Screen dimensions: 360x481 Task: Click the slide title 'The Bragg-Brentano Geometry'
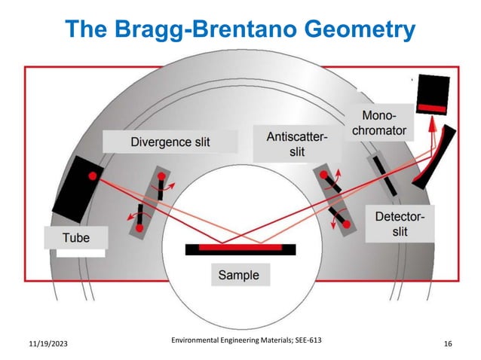240,29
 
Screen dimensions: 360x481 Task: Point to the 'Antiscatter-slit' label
297,145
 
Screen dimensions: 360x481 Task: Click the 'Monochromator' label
384,123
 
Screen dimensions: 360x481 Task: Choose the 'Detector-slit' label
400,224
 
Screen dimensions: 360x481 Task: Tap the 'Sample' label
238,275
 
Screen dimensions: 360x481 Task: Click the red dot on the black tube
92,176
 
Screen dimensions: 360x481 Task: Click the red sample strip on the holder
240,246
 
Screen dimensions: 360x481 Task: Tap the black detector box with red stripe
432,94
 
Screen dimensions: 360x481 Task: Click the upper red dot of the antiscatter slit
324,176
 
